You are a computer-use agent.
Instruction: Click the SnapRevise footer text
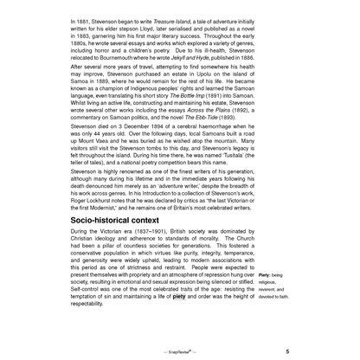pos(179,352)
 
